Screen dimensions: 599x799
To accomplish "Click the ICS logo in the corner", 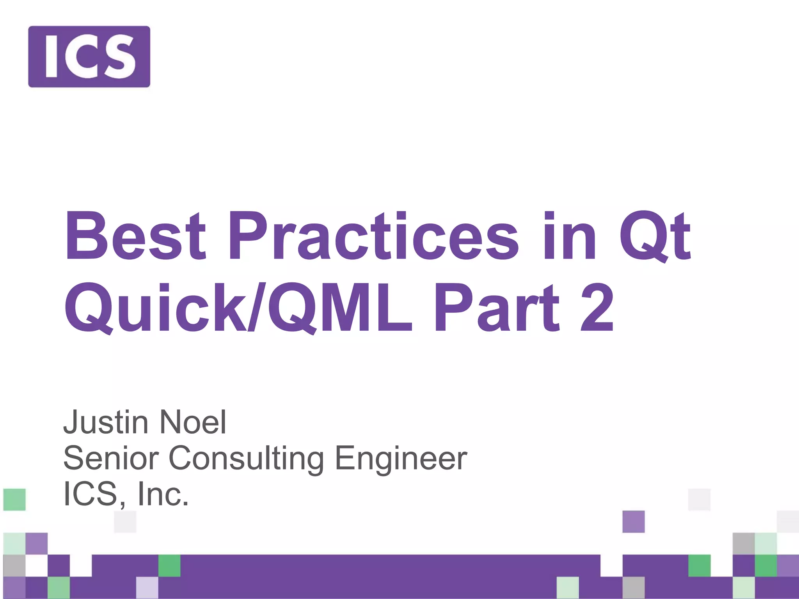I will tap(89, 57).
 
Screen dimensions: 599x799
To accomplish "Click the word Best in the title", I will tap(135, 237).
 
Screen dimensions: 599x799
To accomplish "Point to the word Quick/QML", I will tap(238, 308).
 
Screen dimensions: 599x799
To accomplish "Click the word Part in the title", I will tap(496, 308).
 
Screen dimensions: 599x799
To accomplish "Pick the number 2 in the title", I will tap(597, 308).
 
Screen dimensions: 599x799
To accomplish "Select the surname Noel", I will tap(193, 422).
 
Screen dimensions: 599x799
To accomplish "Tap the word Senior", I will tap(111, 458).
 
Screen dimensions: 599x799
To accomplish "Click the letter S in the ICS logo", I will tap(120, 57).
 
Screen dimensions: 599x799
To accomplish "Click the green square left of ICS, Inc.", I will tap(14, 500).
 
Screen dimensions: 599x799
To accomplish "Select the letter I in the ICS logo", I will tap(51, 57).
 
